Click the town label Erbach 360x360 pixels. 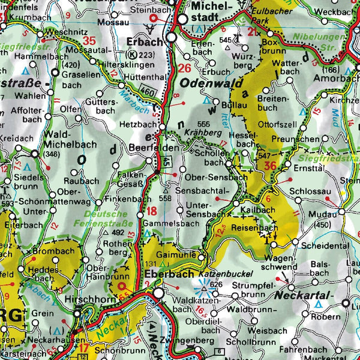tap(146, 41)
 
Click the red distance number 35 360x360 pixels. tap(90, 41)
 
